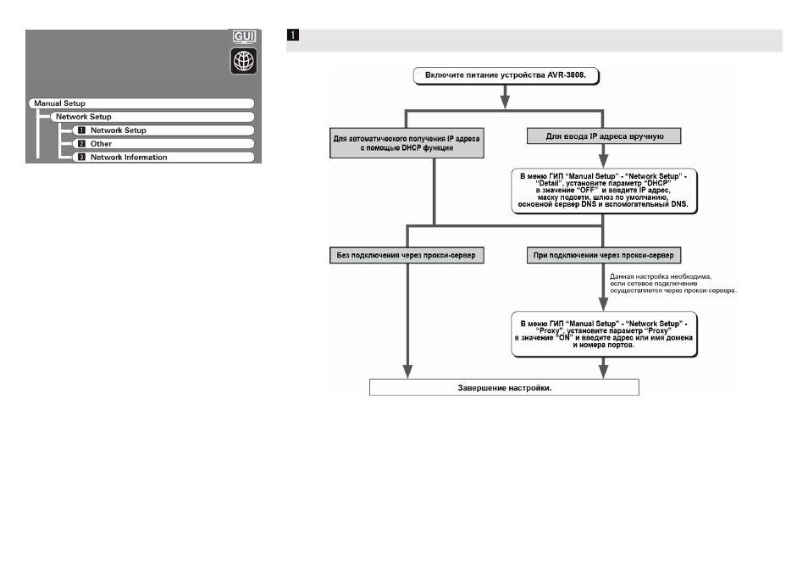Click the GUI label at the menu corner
244,36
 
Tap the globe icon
244,61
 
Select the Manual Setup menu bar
141,103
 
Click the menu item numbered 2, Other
163,144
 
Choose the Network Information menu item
163,158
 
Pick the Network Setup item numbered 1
163,130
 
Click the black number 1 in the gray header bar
293,35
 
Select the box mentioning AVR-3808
506,75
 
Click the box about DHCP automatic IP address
407,143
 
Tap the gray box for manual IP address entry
604,136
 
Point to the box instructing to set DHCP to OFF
603,190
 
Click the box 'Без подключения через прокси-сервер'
407,255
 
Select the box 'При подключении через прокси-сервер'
604,255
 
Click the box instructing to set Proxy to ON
603,334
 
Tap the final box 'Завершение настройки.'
505,387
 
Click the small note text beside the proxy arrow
673,284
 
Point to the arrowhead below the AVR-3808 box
506,102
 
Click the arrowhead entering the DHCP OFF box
603,161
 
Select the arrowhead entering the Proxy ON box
603,304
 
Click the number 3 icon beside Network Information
81,158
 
